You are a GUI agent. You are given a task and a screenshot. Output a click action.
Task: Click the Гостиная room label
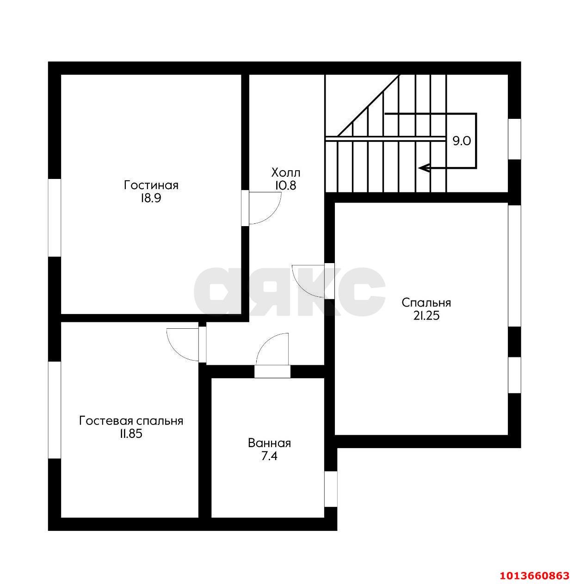(151, 185)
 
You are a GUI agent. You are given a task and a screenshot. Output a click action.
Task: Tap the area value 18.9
(150, 198)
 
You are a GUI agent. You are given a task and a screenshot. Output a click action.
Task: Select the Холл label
(285, 173)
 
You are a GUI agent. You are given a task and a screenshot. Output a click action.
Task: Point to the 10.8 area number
(285, 185)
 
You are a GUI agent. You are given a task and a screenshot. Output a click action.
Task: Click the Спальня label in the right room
(426, 303)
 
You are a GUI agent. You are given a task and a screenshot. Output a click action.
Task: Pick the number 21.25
(426, 316)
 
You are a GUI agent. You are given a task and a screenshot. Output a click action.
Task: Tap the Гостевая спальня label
(131, 421)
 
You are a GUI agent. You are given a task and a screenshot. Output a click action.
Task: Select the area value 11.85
(131, 434)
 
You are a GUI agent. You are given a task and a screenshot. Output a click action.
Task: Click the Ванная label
(269, 443)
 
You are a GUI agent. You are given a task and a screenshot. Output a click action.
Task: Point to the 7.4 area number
(269, 456)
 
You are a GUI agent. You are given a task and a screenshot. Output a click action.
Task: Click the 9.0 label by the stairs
(462, 141)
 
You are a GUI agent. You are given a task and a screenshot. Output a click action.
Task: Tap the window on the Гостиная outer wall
(55, 218)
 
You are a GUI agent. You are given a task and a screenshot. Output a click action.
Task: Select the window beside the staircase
(514, 139)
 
